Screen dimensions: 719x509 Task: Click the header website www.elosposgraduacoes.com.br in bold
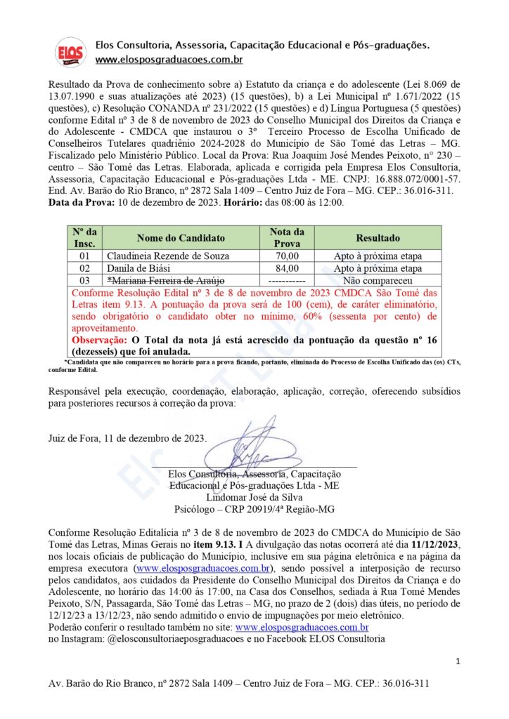[x=169, y=60]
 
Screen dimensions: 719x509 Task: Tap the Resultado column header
[x=378, y=238]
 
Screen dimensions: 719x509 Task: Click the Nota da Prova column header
[x=288, y=238]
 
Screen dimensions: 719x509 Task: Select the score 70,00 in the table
[x=288, y=256]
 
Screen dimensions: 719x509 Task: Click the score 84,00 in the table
[x=288, y=268]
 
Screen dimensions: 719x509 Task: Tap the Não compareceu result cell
[x=378, y=280]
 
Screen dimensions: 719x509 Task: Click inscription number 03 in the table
[x=85, y=280]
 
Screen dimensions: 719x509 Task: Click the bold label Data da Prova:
[x=83, y=203]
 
